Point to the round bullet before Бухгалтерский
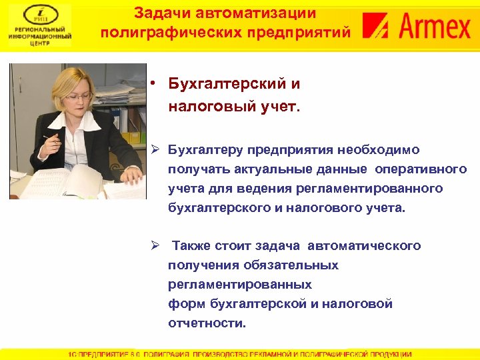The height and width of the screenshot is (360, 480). [153, 84]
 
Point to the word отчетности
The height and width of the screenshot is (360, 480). [207, 323]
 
